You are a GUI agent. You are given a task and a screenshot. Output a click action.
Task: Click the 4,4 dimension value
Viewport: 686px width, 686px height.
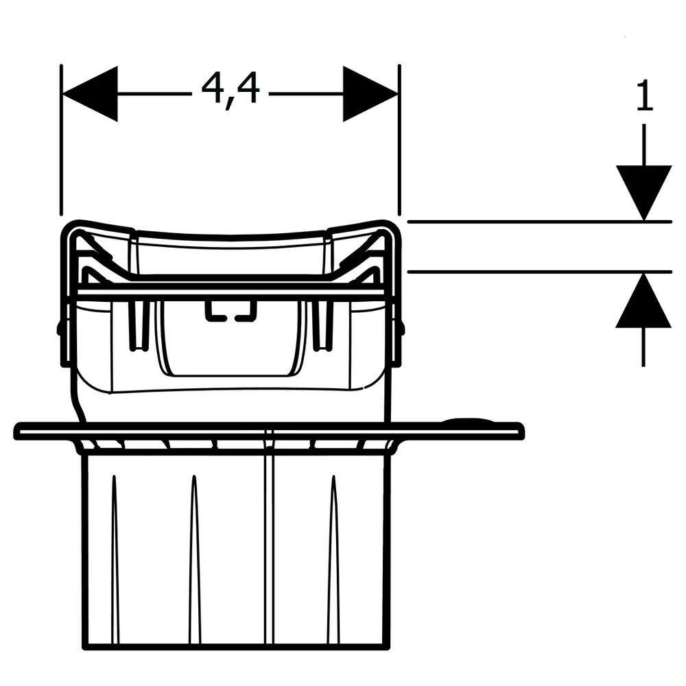[230, 91]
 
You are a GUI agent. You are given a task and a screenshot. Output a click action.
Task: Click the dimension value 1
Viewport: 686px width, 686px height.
[644, 95]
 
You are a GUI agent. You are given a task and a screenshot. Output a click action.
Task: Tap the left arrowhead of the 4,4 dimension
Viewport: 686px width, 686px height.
[90, 93]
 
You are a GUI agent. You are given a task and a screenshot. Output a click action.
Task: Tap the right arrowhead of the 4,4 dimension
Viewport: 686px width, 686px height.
[370, 93]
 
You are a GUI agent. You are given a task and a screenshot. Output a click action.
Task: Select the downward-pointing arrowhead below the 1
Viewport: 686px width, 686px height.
[643, 193]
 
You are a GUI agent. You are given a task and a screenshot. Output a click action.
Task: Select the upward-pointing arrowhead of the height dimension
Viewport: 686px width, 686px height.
[643, 300]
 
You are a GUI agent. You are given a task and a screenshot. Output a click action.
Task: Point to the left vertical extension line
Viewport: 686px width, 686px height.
[61, 140]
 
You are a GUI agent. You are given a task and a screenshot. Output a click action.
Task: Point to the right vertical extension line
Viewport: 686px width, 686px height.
[399, 140]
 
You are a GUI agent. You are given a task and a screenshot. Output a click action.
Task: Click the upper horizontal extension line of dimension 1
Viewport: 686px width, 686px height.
[539, 222]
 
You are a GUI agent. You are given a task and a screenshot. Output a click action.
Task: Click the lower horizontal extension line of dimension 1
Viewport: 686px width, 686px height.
[539, 272]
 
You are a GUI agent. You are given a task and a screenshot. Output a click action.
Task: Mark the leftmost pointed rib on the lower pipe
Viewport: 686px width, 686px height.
[114, 559]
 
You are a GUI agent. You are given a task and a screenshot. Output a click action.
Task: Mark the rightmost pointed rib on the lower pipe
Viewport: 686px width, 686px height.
[334, 559]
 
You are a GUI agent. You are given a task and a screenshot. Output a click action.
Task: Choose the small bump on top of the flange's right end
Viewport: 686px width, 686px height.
[468, 421]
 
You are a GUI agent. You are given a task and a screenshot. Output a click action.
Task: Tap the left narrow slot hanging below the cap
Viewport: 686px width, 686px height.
[139, 325]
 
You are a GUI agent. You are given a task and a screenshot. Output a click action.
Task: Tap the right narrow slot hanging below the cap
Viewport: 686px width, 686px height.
[322, 325]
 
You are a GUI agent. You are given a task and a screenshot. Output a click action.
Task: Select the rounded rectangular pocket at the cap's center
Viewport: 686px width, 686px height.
[230, 338]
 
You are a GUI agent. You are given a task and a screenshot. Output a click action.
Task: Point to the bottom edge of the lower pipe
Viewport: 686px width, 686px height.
[236, 646]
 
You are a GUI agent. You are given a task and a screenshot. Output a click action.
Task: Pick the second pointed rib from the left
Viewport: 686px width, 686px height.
[194, 559]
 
